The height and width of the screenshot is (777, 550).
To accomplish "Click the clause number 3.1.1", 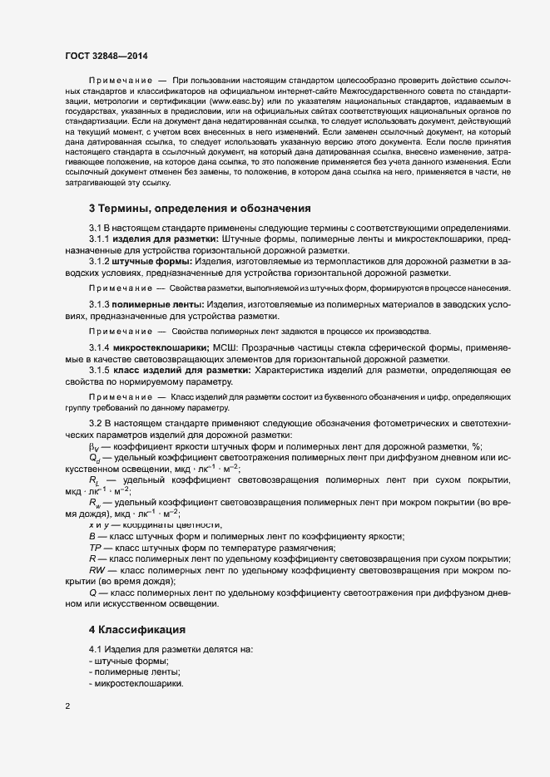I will tap(100, 239).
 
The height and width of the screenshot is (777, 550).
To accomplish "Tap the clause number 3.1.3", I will tap(100, 305).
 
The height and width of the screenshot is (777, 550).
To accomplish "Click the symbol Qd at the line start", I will tap(94, 458).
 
